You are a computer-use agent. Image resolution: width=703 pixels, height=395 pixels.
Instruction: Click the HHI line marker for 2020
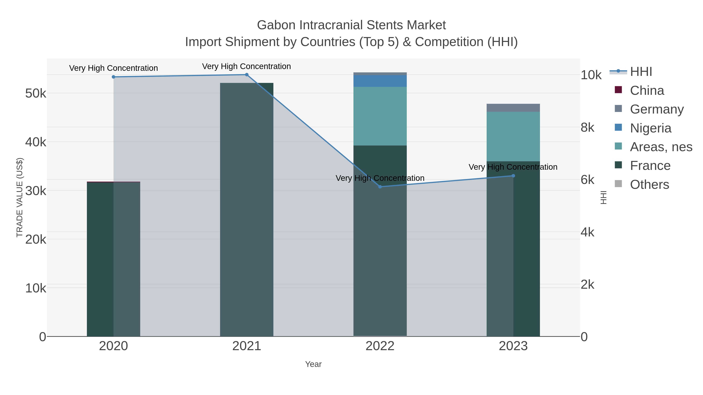point(113,77)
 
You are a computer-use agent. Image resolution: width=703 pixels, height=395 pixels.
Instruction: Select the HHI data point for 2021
point(247,75)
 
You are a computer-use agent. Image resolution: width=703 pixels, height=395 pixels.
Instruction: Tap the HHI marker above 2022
point(380,187)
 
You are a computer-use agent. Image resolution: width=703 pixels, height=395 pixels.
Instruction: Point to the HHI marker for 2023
point(513,176)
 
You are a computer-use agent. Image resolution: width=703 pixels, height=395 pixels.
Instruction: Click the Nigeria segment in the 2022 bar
point(380,81)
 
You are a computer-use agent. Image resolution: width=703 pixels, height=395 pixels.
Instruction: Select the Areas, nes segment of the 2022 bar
point(380,116)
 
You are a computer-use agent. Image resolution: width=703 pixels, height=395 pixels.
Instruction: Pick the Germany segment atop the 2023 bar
point(513,108)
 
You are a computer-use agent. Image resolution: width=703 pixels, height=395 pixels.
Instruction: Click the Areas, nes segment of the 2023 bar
point(513,136)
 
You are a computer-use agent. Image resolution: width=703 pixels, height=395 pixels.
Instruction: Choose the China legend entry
point(647,90)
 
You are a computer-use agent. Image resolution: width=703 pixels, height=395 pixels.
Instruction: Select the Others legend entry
point(649,184)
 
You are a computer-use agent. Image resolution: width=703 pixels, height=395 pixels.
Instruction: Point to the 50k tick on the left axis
point(36,93)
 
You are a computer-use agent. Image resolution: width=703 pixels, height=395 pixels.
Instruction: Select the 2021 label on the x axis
point(247,346)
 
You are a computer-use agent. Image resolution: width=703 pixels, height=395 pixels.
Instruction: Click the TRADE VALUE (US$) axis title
point(20,197)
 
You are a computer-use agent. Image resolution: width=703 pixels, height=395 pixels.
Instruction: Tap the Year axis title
point(313,364)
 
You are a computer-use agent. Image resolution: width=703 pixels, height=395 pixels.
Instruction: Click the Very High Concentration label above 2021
point(246,66)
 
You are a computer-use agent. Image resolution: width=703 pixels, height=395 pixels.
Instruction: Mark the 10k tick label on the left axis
point(36,288)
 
